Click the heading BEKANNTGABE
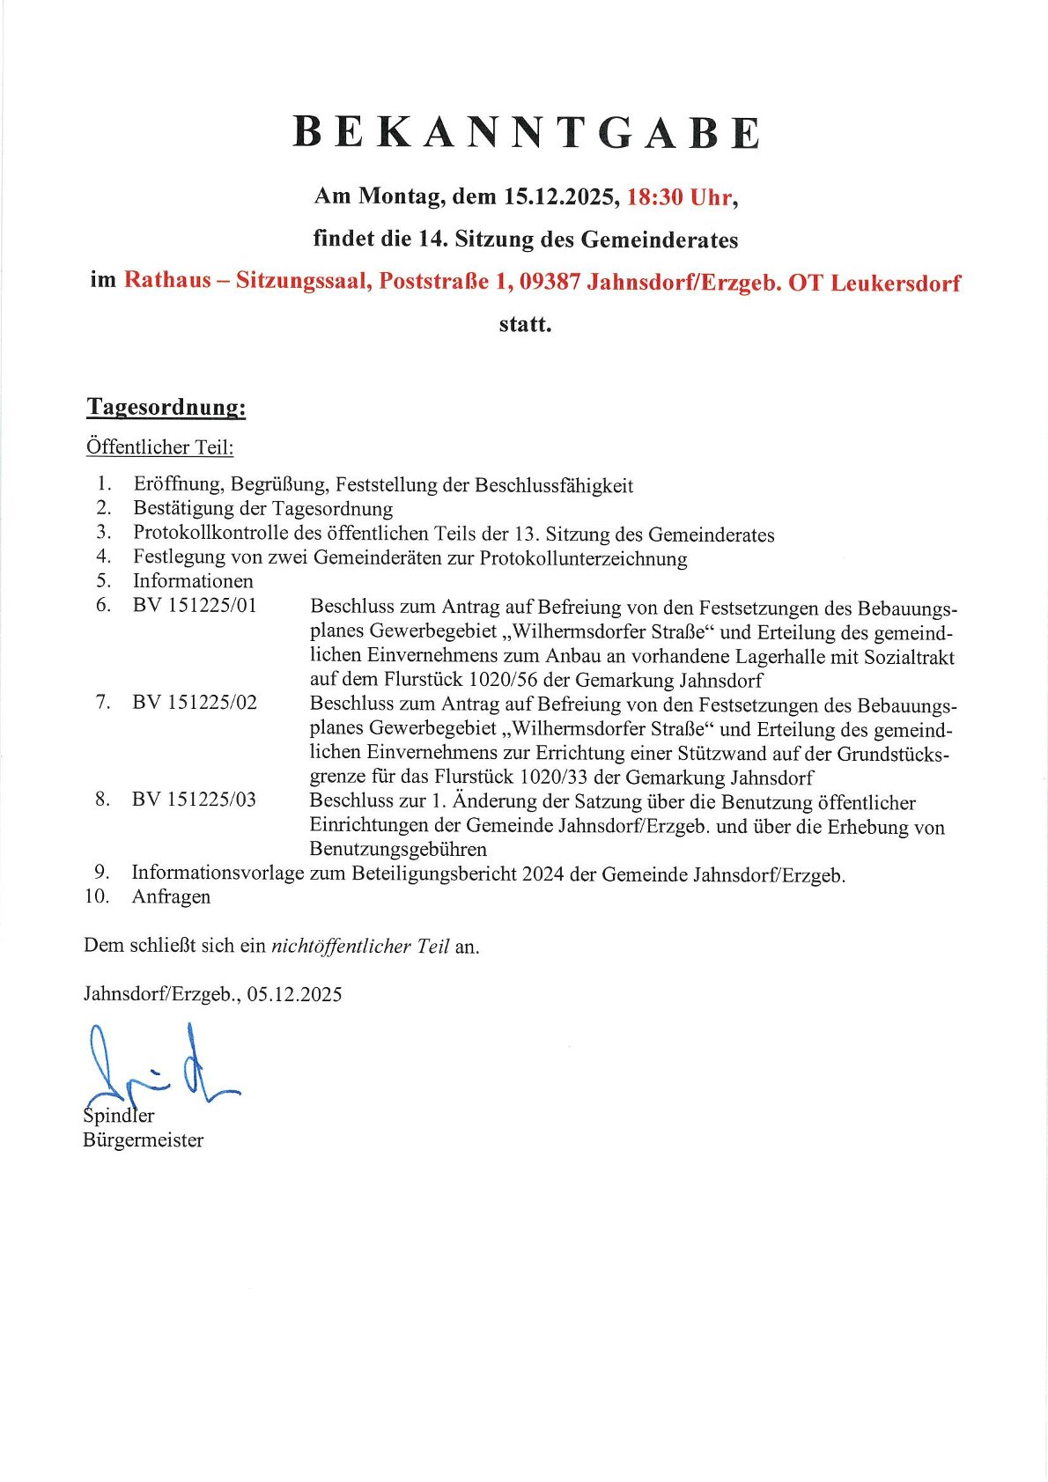point(526,133)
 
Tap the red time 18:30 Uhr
point(678,197)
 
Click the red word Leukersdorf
point(896,284)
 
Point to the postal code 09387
point(550,282)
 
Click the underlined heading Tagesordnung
point(166,408)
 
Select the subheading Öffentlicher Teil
point(159,447)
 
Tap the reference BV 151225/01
point(195,606)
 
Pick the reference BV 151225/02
point(195,703)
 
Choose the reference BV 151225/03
point(194,800)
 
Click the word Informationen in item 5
point(193,581)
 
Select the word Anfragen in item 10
point(171,897)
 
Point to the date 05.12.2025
point(294,995)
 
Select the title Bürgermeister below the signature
point(143,1140)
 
